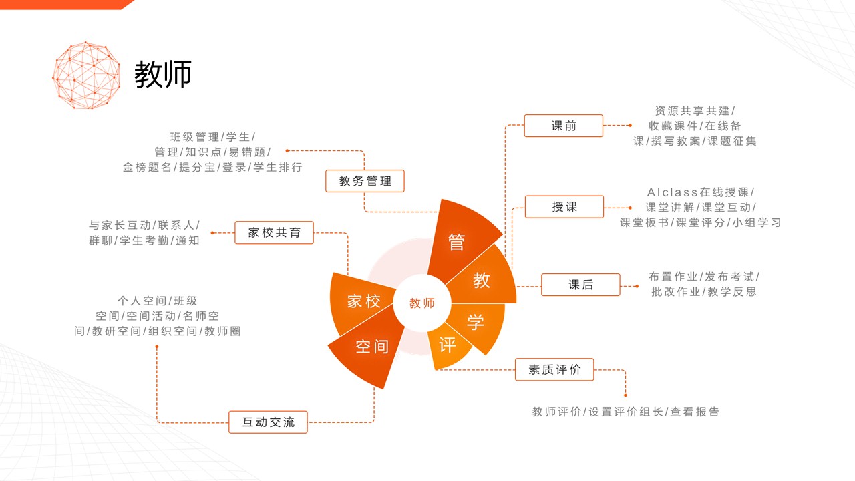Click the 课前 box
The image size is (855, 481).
[563, 126]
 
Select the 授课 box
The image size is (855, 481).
[564, 207]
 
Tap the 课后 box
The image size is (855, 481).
[580, 285]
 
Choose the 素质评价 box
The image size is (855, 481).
[554, 369]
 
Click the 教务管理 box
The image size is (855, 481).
[365, 181]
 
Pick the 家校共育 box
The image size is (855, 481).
[274, 232]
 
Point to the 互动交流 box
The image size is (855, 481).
[268, 422]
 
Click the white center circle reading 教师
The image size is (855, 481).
[421, 303]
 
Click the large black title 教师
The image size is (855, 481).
[162, 74]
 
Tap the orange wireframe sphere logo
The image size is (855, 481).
[86, 75]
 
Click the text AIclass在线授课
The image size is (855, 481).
[698, 192]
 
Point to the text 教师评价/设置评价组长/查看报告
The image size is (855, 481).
[626, 412]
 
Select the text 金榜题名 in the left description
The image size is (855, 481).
[147, 167]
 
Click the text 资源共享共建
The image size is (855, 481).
[692, 111]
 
